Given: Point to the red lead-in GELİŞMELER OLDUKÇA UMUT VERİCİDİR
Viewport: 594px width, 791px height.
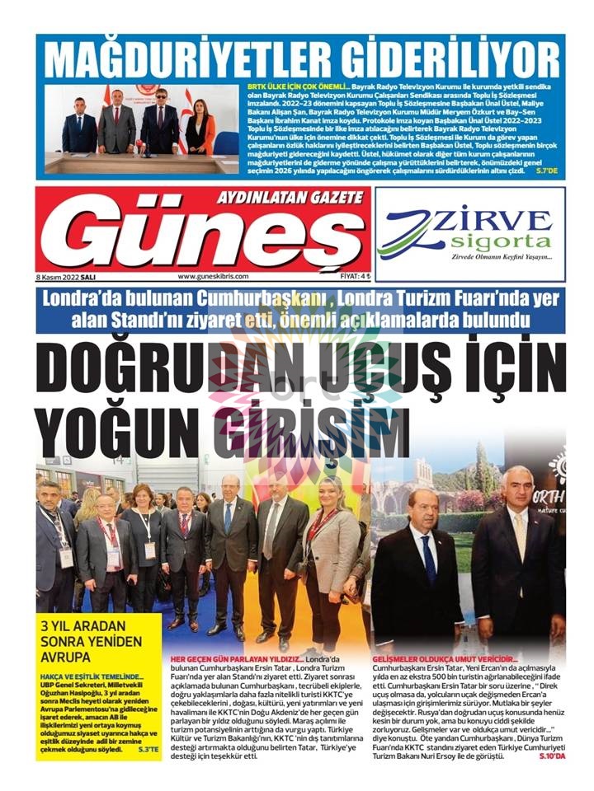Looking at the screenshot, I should (445, 659).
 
